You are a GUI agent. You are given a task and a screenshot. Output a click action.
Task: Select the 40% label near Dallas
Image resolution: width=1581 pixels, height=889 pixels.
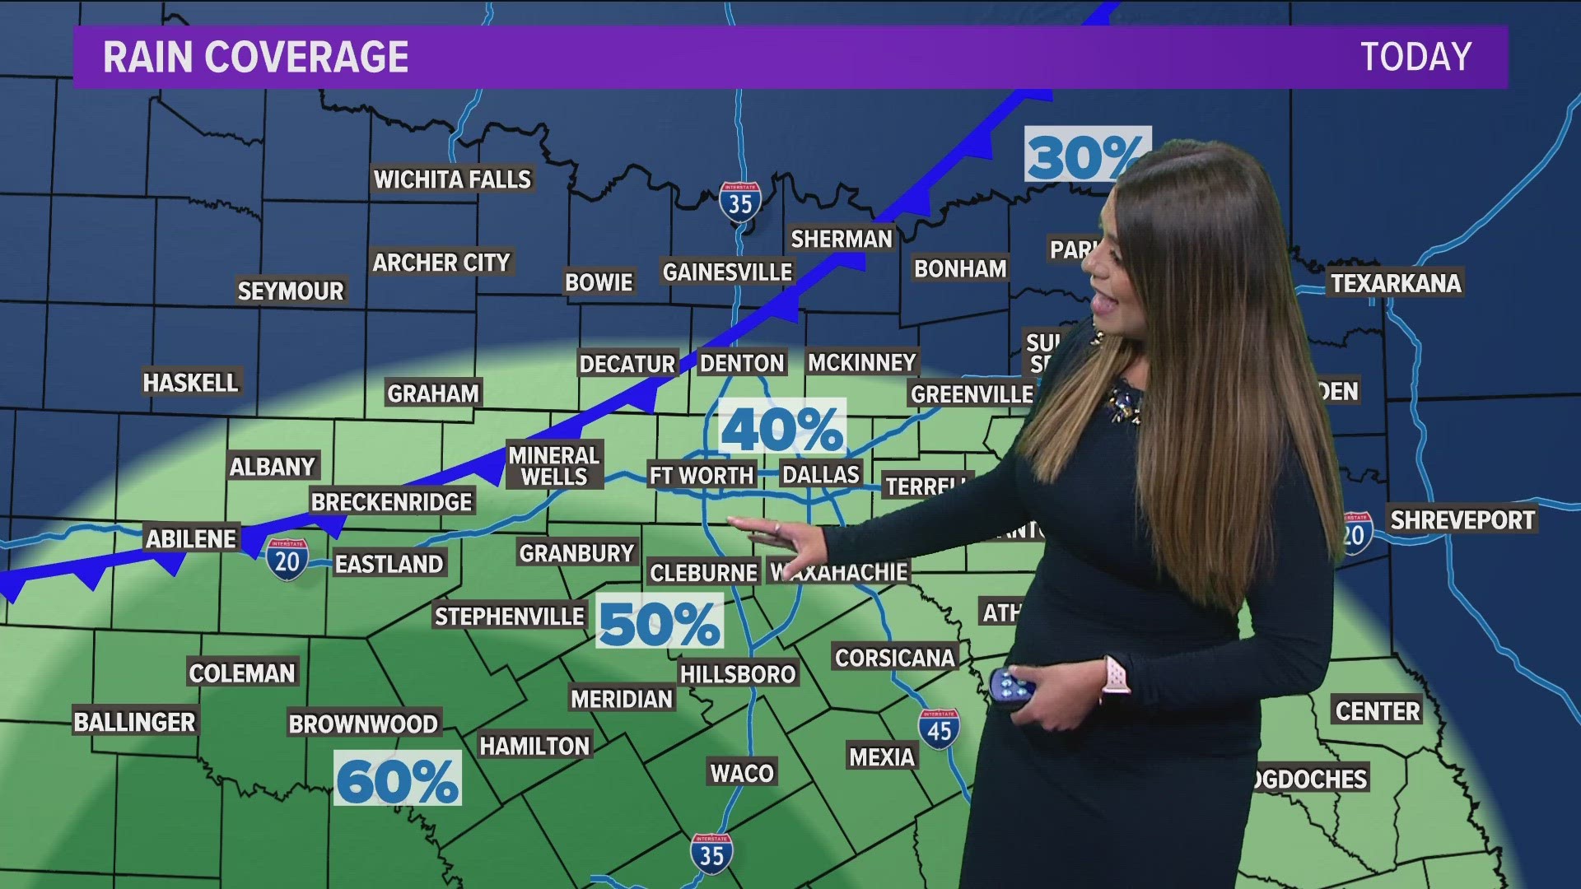782,427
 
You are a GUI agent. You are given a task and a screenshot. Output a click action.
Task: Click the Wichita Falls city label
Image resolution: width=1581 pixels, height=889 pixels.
452,179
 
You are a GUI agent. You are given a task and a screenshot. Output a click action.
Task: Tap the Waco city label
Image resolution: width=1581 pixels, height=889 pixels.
742,773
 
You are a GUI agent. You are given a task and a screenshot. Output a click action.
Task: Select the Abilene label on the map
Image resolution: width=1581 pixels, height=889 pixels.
191,539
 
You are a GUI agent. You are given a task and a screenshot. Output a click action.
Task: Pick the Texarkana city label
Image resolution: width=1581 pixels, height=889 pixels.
1396,283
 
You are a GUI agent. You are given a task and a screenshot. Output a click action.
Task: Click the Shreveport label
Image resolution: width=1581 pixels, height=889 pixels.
1462,520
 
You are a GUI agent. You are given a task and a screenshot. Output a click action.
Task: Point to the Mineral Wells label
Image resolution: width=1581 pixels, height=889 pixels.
553,466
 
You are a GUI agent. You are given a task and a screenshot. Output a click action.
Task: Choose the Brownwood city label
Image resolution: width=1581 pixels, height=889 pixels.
363,724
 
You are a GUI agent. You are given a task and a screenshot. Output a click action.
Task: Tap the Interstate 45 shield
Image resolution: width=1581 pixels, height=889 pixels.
939,728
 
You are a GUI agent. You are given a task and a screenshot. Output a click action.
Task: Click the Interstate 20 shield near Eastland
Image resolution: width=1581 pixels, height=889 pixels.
287,560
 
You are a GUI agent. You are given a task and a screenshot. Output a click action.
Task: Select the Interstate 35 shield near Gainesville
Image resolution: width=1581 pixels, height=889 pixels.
739,201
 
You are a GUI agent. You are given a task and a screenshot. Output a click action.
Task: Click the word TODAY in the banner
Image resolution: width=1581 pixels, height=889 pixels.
1415,57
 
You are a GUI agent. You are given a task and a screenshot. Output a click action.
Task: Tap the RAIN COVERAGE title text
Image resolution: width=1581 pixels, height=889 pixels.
255,57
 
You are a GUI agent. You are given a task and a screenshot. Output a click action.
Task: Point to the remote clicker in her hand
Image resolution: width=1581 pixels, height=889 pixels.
1011,686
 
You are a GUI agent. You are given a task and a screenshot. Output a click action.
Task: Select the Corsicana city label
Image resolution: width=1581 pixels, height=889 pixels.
894,658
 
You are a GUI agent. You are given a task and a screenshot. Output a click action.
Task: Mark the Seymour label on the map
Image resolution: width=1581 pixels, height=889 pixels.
290,291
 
